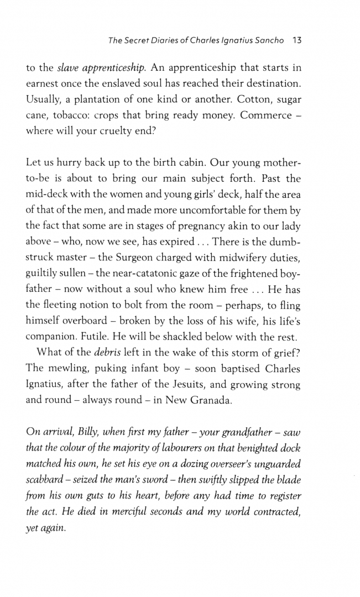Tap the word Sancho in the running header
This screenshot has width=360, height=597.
[x=268, y=40]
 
